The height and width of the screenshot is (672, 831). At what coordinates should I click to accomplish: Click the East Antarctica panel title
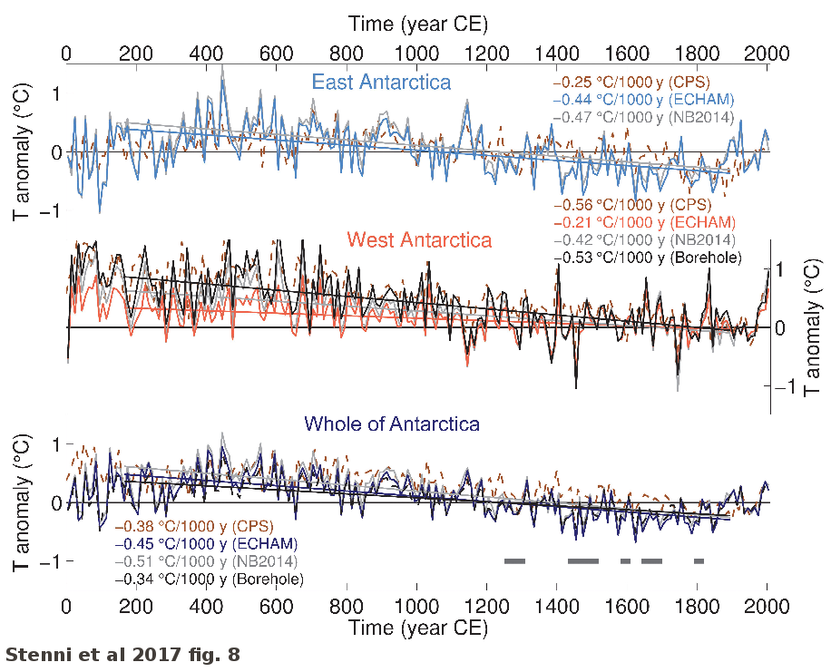(381, 83)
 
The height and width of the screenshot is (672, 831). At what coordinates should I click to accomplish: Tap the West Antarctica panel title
(419, 240)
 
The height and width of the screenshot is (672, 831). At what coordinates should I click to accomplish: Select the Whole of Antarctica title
(392, 424)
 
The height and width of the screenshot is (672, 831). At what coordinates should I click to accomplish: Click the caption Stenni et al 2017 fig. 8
(123, 653)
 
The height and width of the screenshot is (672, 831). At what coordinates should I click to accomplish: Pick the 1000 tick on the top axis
(416, 54)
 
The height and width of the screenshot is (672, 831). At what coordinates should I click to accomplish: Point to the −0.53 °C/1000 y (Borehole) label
(647, 258)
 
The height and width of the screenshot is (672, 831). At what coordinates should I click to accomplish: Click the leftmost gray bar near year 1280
(515, 561)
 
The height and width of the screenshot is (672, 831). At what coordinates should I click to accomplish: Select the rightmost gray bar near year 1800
(699, 561)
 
